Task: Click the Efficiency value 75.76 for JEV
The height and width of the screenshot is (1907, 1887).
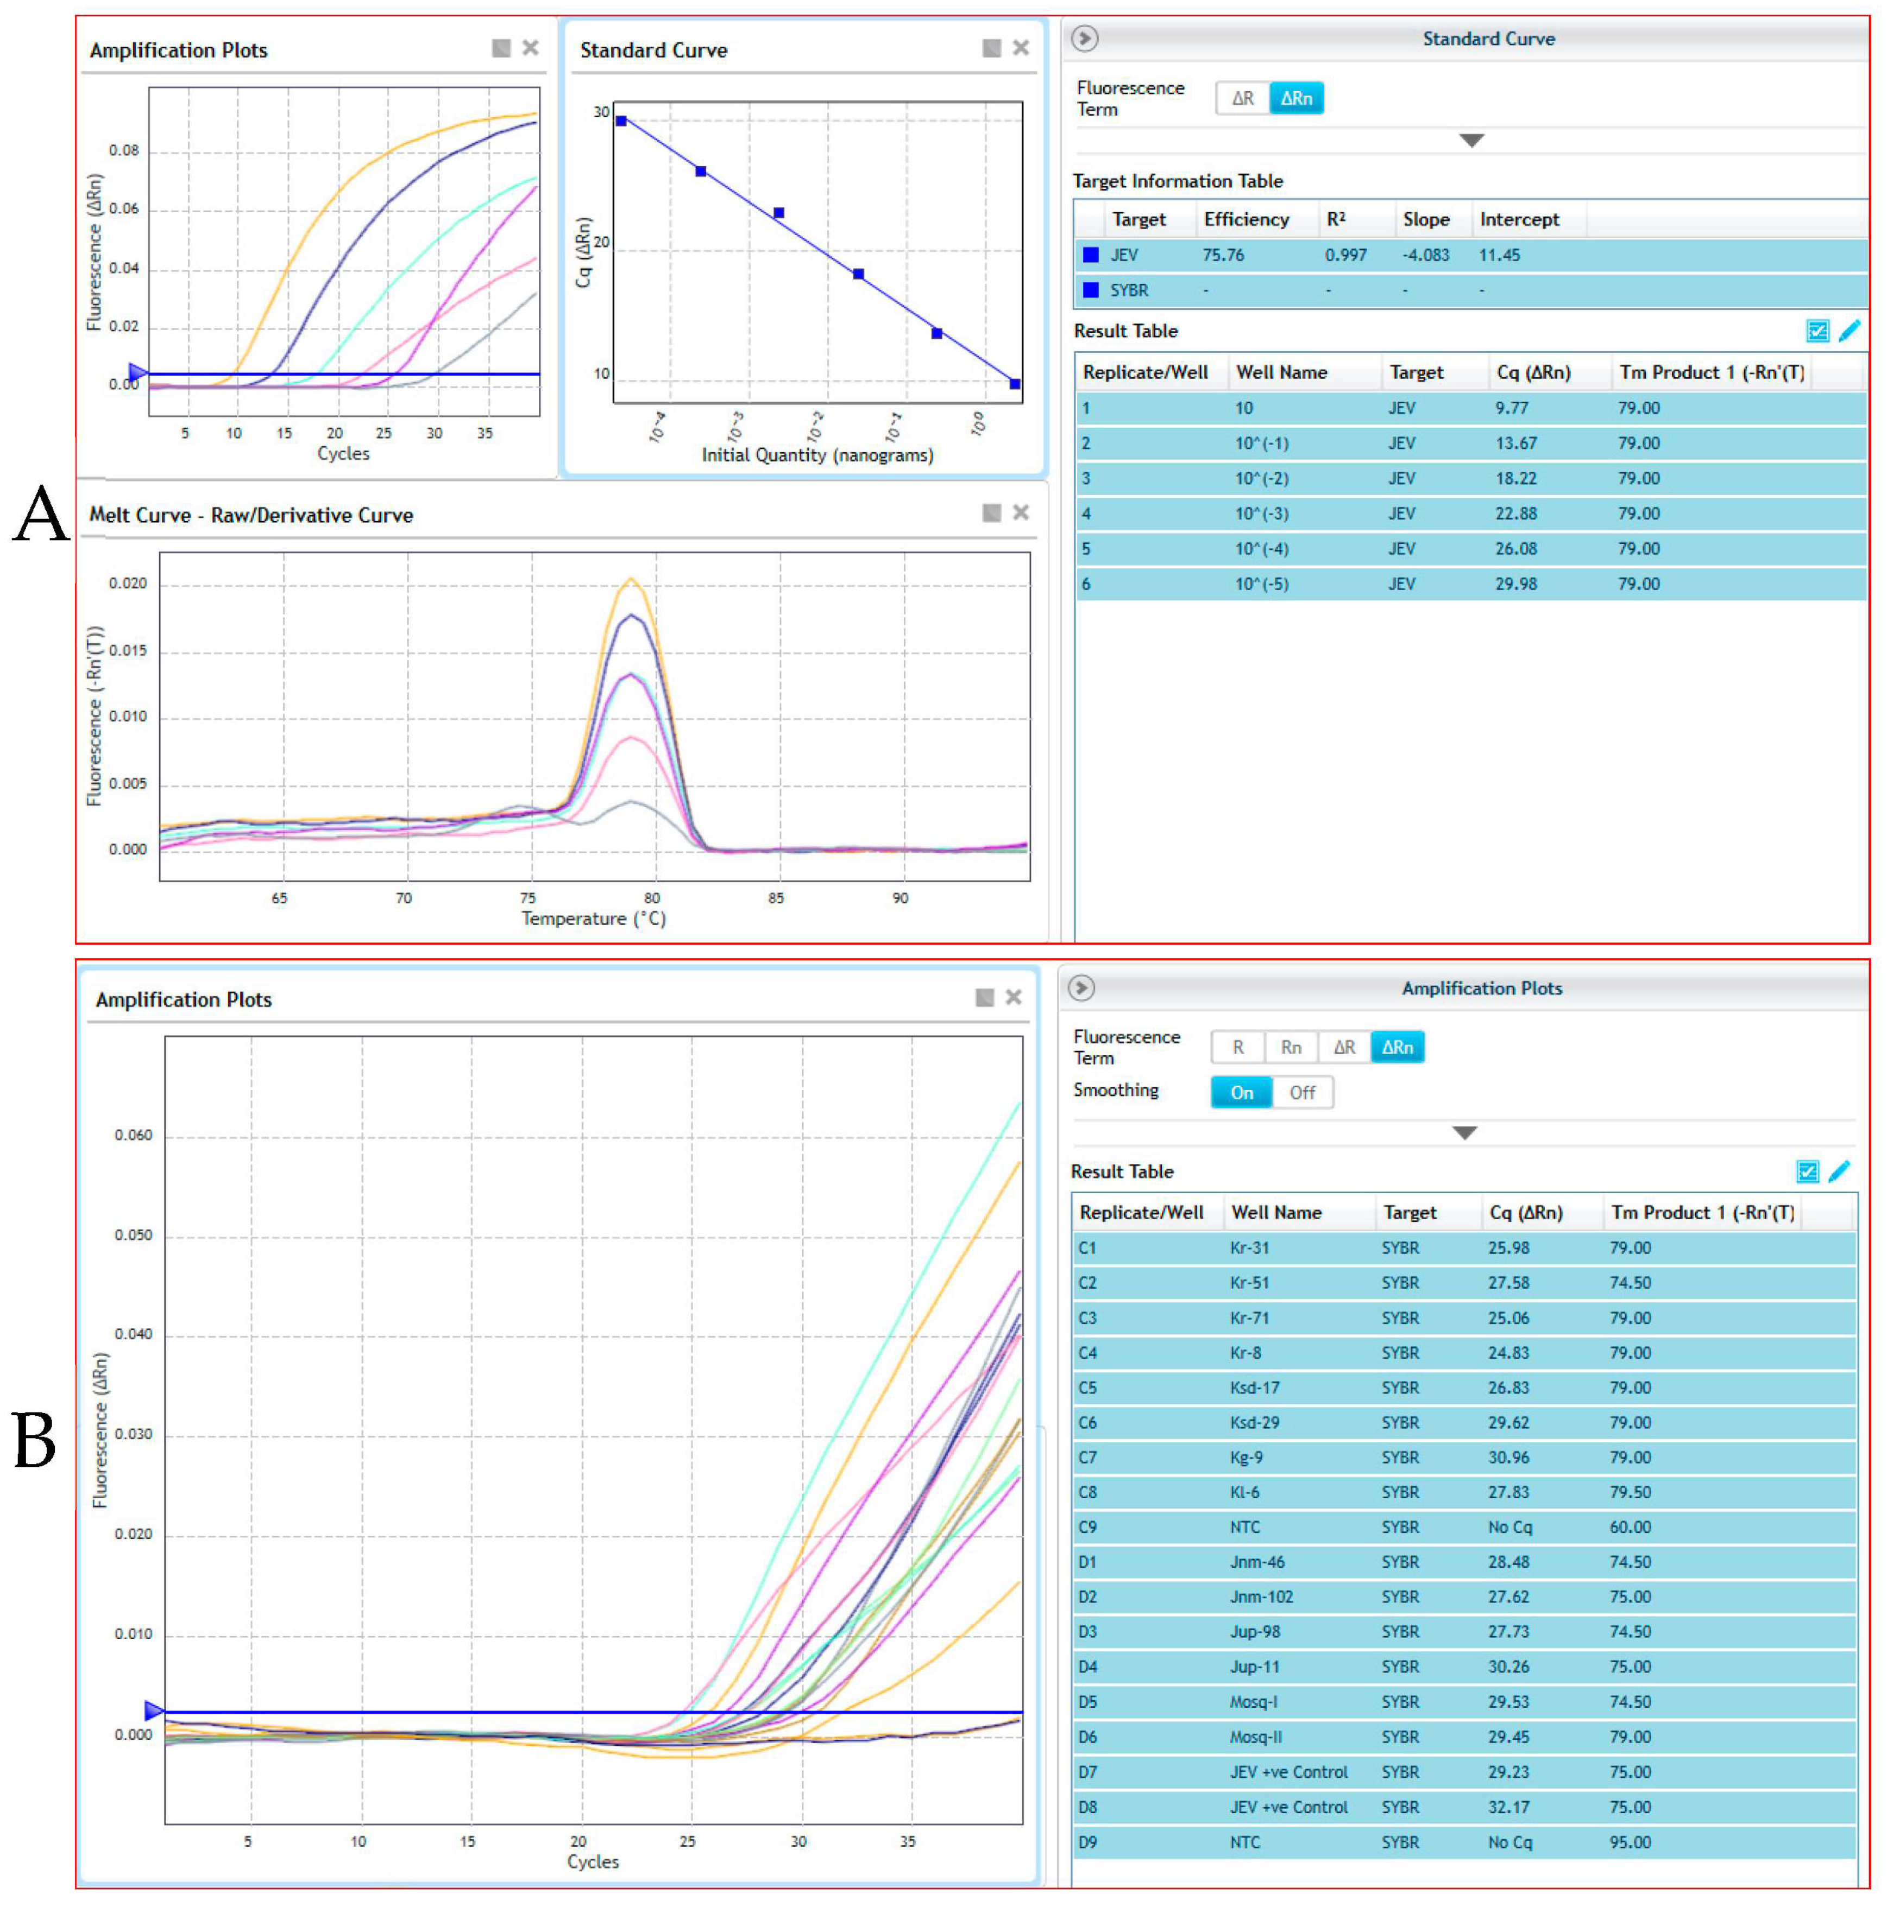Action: tap(1223, 255)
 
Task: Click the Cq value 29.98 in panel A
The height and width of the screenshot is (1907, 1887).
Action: tap(1515, 584)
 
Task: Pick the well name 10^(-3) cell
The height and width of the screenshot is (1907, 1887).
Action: tap(1261, 514)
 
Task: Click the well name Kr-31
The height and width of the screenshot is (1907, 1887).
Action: tap(1249, 1247)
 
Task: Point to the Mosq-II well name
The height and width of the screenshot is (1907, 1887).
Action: tap(1256, 1736)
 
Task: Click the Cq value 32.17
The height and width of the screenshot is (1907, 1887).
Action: tap(1508, 1807)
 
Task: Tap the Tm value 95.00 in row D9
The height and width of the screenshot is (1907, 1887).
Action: tap(1630, 1842)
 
